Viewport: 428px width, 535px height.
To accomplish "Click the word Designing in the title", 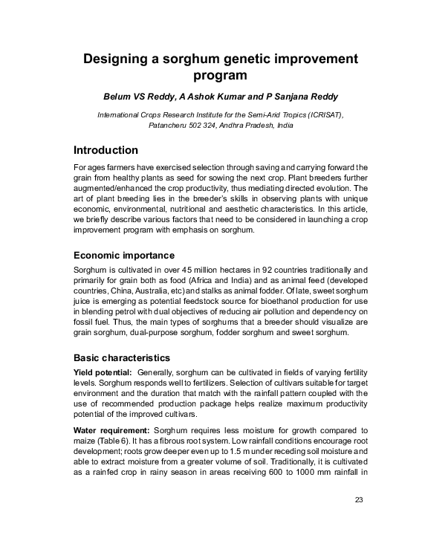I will coord(117,59).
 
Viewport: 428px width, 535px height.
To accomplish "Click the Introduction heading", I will coord(106,150).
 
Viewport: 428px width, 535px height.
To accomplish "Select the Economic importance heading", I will coord(124,256).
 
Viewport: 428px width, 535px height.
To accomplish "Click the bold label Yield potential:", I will coord(103,372).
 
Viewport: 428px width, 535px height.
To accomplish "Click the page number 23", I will coord(359,499).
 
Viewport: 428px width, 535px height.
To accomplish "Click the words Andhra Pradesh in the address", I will coord(254,126).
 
